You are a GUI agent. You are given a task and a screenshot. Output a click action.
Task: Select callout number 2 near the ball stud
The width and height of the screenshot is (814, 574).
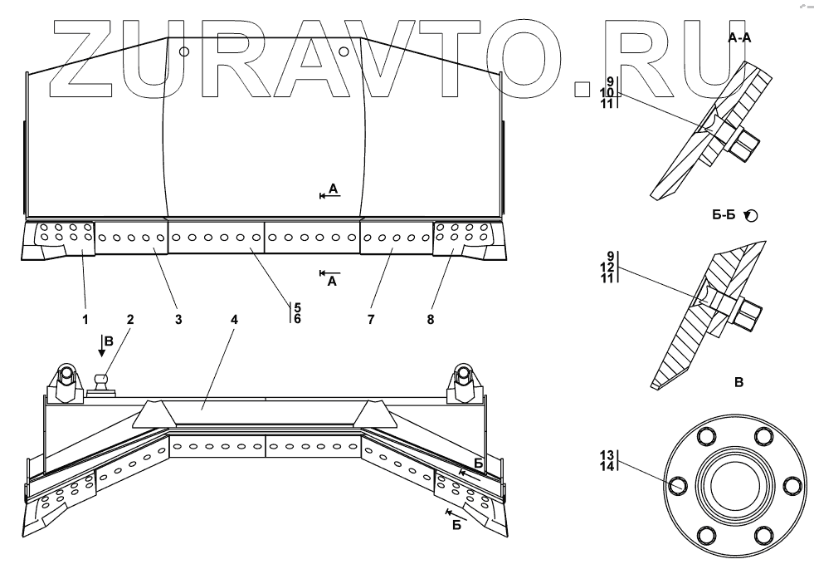pos(130,318)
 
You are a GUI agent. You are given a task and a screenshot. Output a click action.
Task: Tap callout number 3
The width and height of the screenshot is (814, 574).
pos(178,318)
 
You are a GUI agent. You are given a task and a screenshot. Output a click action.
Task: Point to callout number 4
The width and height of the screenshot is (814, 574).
pos(234,318)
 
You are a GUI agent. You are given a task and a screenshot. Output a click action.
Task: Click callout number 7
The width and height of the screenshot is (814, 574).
pos(371,318)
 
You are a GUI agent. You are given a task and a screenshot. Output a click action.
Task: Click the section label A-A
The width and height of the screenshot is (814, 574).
pos(739,38)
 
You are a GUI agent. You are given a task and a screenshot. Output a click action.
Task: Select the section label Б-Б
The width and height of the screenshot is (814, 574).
pos(724,215)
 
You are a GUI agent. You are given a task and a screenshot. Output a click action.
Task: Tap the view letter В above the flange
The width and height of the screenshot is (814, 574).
pos(738,383)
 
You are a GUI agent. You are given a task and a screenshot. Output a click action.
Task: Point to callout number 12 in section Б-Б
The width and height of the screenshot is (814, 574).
pos(609,267)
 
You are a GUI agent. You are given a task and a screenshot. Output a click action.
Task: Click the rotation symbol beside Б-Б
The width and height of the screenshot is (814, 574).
pos(751,215)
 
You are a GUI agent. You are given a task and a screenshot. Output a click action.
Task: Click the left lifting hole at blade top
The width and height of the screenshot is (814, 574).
pos(184,52)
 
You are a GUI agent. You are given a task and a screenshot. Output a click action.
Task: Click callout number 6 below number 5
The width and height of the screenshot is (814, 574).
pos(297,318)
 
